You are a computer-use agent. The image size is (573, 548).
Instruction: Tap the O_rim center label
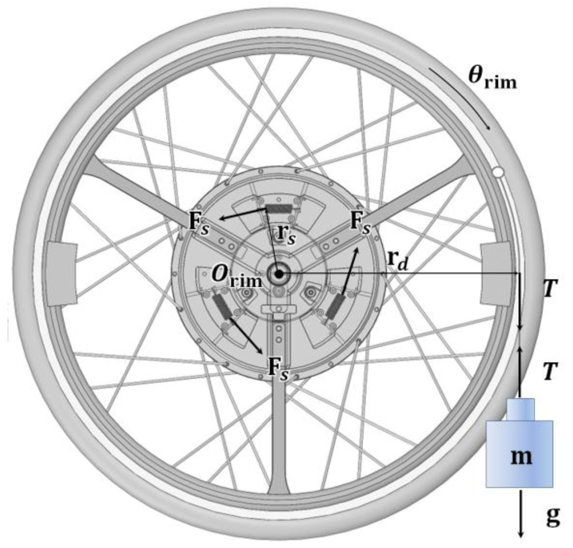(x=236, y=277)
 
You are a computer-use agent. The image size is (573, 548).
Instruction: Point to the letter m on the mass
(x=519, y=457)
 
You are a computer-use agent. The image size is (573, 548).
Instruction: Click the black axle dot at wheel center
(x=278, y=273)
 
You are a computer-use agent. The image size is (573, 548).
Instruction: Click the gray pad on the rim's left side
(x=61, y=273)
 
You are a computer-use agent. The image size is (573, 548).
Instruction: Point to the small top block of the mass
(x=521, y=409)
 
